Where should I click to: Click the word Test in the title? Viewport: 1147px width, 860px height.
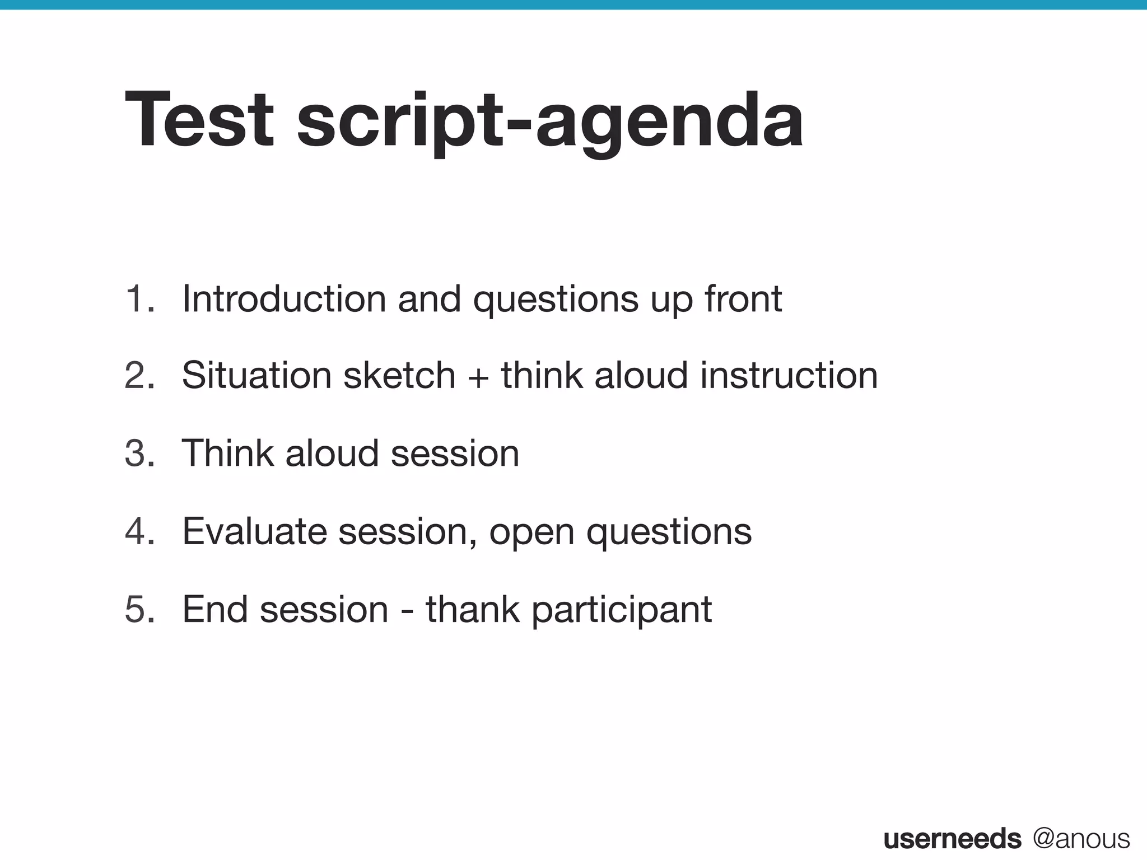(199, 120)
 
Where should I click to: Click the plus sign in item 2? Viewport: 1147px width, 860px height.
(478, 376)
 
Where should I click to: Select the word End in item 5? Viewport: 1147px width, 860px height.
(215, 609)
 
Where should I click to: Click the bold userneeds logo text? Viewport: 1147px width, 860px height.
(952, 839)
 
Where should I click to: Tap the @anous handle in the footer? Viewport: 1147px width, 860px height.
(1081, 839)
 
